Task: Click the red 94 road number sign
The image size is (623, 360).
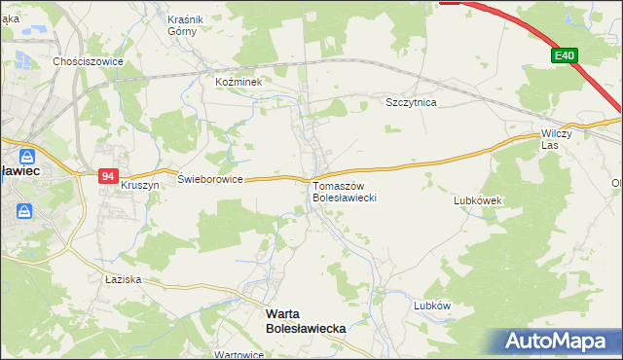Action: click(x=108, y=176)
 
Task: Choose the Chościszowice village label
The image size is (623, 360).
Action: click(x=88, y=60)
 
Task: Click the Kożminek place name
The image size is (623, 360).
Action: click(x=239, y=83)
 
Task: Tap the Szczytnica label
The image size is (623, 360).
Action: click(x=411, y=102)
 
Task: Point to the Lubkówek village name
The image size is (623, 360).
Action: click(x=477, y=200)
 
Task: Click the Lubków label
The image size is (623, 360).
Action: click(x=432, y=305)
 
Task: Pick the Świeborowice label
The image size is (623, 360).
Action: click(x=209, y=179)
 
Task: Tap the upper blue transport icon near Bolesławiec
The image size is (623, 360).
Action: click(x=26, y=156)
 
